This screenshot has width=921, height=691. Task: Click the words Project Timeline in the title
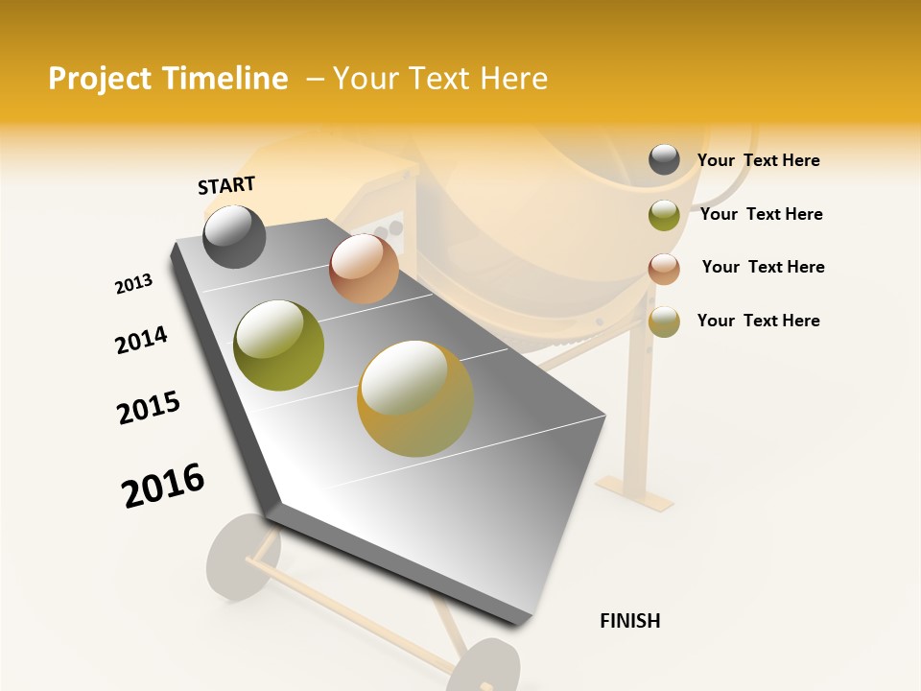coord(168,79)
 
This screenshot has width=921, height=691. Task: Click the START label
coord(226,185)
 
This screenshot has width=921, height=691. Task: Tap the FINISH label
coord(630,621)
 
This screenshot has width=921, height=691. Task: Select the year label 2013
coord(133,284)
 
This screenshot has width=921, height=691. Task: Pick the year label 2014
coord(141,340)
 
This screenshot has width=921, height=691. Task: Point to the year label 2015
coord(149,408)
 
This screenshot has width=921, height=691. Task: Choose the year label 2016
coord(163,485)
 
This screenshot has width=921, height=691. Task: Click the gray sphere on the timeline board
coord(234,236)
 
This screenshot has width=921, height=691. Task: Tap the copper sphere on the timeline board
coord(364,269)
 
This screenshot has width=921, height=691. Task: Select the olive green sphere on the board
coord(278,345)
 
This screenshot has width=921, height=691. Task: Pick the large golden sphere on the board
coord(415,398)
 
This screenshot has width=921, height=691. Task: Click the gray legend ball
coord(664,160)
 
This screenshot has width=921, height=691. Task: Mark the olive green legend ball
coord(664,215)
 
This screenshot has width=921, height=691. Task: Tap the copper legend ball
coord(664,269)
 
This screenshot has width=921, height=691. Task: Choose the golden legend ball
coord(664,322)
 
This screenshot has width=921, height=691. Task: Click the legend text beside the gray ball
coord(758,160)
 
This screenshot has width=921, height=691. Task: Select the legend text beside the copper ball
coord(763,267)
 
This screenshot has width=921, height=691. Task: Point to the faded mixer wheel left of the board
coord(240,557)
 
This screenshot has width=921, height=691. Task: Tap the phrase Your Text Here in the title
coord(440,79)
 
